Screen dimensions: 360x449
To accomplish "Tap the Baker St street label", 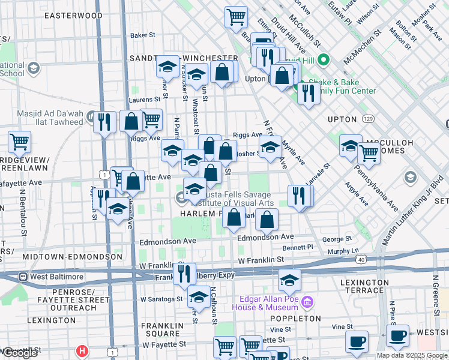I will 143,35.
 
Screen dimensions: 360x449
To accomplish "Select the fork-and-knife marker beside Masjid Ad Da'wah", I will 105,122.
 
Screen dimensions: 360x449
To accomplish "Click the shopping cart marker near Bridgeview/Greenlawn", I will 20,143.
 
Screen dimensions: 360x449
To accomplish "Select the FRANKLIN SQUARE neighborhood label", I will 160,329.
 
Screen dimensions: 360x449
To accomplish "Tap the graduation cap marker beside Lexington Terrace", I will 289,280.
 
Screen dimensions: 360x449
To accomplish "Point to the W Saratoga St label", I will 161,298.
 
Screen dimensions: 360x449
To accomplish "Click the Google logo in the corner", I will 20,353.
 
